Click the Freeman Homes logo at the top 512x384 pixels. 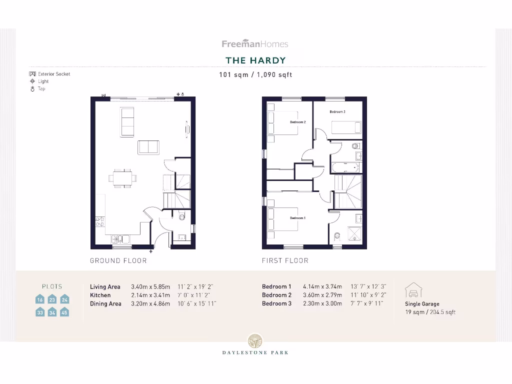coord(255,44)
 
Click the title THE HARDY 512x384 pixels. coord(255,60)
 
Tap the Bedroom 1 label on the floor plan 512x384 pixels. coord(297,218)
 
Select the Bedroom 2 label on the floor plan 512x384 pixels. coord(297,122)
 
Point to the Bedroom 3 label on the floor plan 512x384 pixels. coord(337,112)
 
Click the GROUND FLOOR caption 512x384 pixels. coord(118,260)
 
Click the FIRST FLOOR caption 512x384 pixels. coord(285,260)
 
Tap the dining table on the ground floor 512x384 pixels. coord(123,177)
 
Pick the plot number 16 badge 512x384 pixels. coord(40,299)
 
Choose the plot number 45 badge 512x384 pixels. coord(64,312)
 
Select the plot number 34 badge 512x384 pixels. coord(52,312)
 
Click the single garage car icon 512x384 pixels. coord(413,290)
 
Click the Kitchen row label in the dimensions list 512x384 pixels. coord(100,295)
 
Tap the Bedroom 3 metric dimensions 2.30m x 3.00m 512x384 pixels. coord(322,303)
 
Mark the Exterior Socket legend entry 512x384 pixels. coord(50,74)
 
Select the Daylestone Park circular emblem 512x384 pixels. coord(255,340)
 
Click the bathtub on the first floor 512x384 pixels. coord(345,167)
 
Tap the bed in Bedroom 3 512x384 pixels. coord(346,127)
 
